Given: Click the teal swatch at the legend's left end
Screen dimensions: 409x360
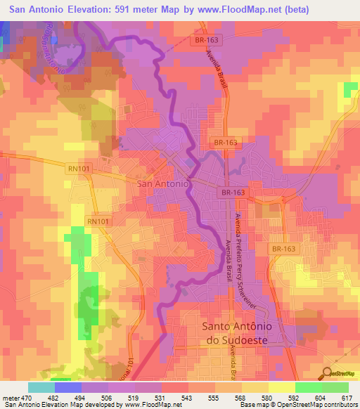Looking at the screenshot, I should click(41, 387).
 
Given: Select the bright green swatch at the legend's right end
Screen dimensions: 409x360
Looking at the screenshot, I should click(335, 387).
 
